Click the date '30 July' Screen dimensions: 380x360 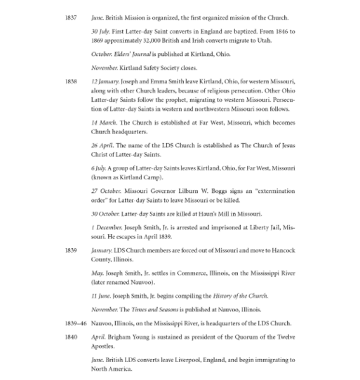coord(101,32)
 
